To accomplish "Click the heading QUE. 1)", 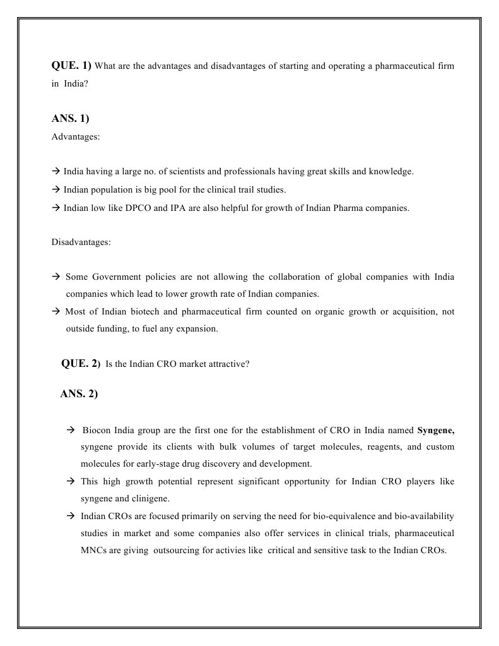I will coord(71,66).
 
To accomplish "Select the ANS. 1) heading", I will coord(70,119).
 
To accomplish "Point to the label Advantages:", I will coord(76,136).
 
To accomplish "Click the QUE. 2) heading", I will coord(80,363).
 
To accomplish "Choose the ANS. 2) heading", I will coord(79,394).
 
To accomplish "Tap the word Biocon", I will coord(97,431).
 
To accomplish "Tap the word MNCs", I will coord(93,550).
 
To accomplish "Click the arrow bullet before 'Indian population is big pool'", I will coord(56,189).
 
